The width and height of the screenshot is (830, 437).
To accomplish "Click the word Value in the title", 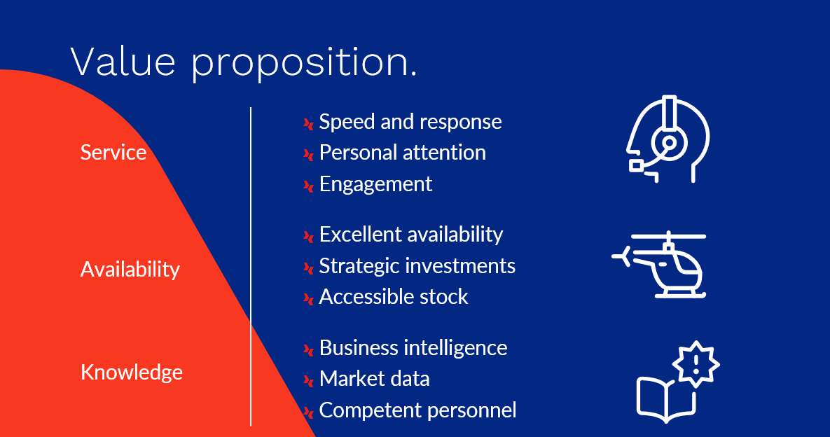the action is pyautogui.click(x=123, y=62).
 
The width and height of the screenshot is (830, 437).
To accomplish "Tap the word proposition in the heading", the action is pyautogui.click(x=304, y=64).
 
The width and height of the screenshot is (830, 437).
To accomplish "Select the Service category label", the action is pyautogui.click(x=113, y=153).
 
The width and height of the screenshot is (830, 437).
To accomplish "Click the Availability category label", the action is pyautogui.click(x=130, y=270).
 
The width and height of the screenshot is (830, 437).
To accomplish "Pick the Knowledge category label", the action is pyautogui.click(x=131, y=372).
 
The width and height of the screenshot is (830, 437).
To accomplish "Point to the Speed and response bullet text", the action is pyautogui.click(x=410, y=123).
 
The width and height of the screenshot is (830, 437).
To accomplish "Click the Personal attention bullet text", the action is pyautogui.click(x=402, y=153).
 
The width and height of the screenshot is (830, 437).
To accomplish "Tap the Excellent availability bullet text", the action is pyautogui.click(x=411, y=235).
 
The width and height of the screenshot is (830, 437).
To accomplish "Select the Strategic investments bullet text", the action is pyautogui.click(x=417, y=266).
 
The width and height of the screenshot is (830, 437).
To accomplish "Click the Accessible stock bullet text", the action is pyautogui.click(x=394, y=297).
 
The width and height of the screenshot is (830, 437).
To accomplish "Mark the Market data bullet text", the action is pyautogui.click(x=374, y=379).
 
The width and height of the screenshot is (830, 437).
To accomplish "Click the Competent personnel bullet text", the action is pyautogui.click(x=417, y=410).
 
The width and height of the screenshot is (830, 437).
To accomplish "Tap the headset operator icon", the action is pyautogui.click(x=668, y=139).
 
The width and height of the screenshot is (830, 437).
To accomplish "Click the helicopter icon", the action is pyautogui.click(x=660, y=265).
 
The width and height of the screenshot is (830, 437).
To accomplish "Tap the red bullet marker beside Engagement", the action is pyautogui.click(x=309, y=186).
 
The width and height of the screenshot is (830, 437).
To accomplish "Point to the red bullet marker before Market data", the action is pyautogui.click(x=309, y=380).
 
